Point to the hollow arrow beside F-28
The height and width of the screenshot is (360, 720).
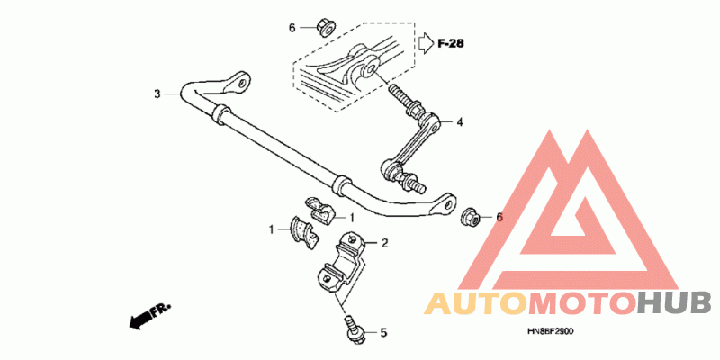click(x=426, y=41)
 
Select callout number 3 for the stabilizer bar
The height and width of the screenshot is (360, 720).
click(x=157, y=94)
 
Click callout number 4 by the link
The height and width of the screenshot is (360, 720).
click(x=459, y=122)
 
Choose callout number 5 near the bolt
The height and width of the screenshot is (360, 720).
click(x=382, y=333)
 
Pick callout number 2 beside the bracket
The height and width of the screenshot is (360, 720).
click(x=383, y=242)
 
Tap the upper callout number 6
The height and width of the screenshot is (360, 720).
click(x=292, y=28)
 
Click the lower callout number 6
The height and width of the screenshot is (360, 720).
click(x=499, y=217)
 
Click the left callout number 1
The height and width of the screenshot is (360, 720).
click(x=270, y=230)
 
